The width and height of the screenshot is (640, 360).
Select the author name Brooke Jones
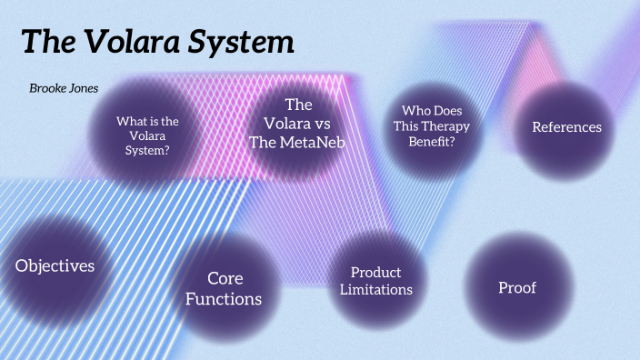click(x=64, y=88)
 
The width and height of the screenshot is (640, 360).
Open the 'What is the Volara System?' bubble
click(x=146, y=135)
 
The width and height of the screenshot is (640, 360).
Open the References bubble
click(x=566, y=127)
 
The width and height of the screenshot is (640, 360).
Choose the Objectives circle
click(x=55, y=265)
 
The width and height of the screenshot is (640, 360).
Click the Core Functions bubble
click(x=224, y=288)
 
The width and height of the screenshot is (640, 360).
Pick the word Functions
click(x=224, y=298)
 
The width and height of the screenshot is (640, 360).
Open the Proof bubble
click(x=517, y=288)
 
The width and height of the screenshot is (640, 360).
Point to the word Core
click(x=225, y=277)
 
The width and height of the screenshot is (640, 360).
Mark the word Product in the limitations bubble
click(x=375, y=273)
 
